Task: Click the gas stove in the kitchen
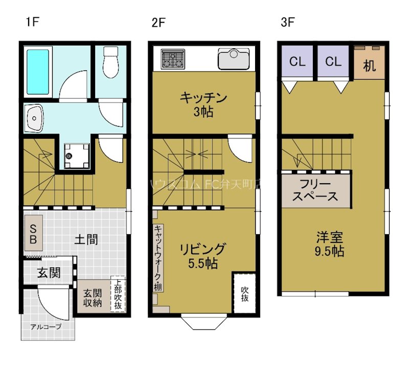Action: [173, 59]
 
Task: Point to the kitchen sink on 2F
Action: [234, 59]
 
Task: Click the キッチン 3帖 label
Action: [203, 105]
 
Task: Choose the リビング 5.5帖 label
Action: [202, 256]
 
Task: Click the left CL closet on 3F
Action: [297, 62]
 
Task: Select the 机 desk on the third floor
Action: [369, 65]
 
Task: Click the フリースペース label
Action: [315, 190]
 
